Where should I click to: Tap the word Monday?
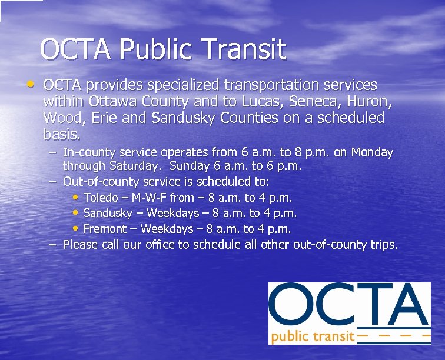tap(371, 153)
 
